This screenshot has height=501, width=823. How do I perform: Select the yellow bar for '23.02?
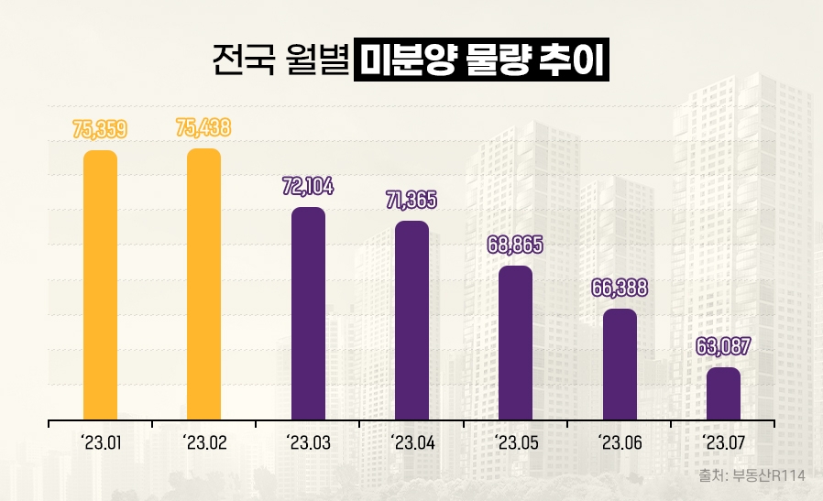[203, 285]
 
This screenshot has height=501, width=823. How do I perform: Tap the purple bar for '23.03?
[308, 314]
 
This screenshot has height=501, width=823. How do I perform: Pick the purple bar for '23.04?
[411, 321]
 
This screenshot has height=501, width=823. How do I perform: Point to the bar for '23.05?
[515, 343]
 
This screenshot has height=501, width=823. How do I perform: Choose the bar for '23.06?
[620, 365]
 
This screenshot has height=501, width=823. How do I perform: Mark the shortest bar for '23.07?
[723, 394]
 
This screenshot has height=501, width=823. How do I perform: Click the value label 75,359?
[100, 129]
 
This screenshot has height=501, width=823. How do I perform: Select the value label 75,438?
[203, 127]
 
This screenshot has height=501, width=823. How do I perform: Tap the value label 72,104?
[308, 187]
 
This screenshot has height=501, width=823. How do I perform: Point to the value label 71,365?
[411, 200]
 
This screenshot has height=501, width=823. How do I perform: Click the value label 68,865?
[515, 245]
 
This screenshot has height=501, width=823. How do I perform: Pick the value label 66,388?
[620, 288]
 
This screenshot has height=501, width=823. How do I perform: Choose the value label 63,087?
[723, 347]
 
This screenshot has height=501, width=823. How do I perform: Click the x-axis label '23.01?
[100, 444]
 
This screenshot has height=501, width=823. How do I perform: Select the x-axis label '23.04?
[411, 444]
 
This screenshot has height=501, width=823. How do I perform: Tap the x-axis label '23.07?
[723, 444]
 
